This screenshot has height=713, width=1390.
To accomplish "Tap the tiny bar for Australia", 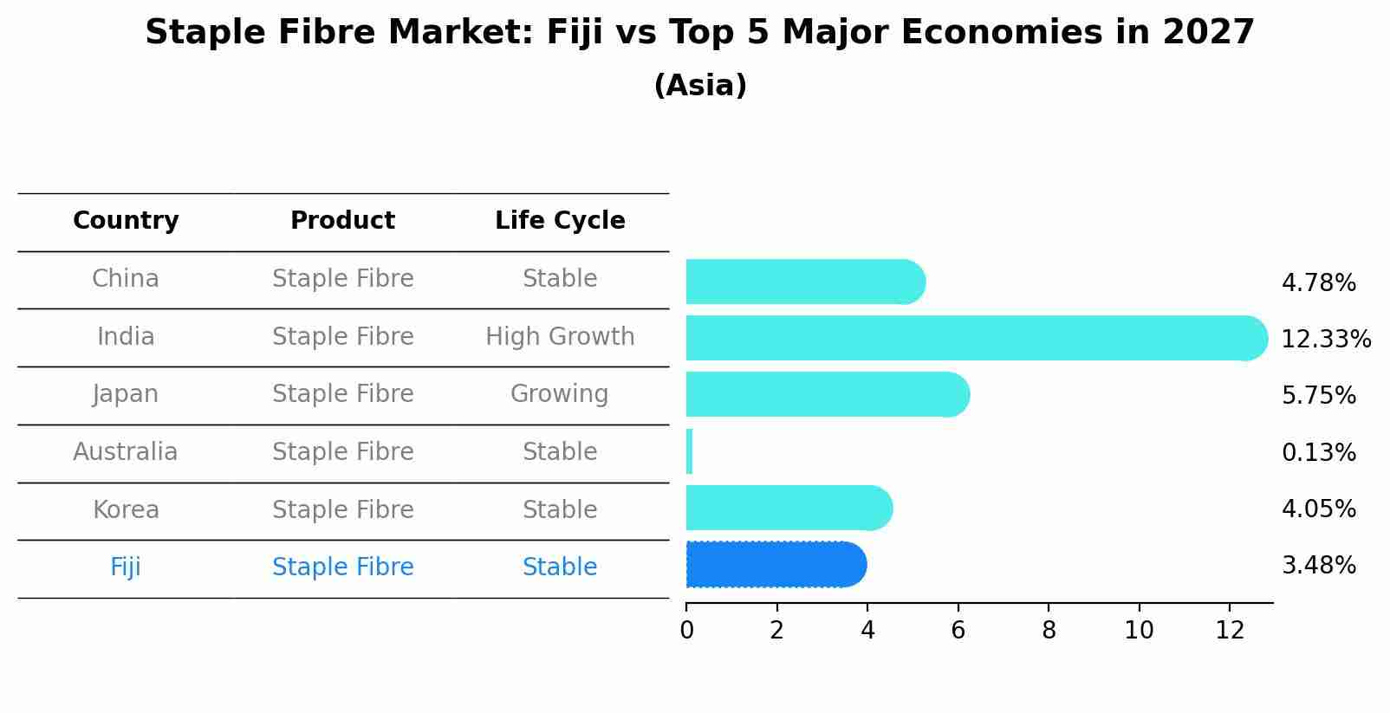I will (690, 452).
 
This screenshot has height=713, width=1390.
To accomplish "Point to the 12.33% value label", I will (1326, 340).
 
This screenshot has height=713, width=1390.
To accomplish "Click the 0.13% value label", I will (1318, 453).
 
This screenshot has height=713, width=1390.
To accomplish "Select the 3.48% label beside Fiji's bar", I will (1318, 566).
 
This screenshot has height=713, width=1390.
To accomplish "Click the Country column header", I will (126, 221).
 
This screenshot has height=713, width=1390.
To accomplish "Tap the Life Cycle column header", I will (560, 221).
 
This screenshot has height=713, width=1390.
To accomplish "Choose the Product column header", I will (342, 221).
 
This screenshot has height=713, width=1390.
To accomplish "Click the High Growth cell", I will (560, 337).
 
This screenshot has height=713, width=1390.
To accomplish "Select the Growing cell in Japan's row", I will (560, 394).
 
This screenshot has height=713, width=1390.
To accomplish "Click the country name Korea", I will (126, 510).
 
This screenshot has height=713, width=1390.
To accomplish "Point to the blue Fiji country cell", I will (126, 567).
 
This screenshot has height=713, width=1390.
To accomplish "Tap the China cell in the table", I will (126, 279).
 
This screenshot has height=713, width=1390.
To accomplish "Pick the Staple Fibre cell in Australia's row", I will (342, 452).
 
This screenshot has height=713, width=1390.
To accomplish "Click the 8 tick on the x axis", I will (1049, 631).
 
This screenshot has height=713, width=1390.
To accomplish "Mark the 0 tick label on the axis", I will (686, 631).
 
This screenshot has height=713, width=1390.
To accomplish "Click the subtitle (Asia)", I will (700, 86).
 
